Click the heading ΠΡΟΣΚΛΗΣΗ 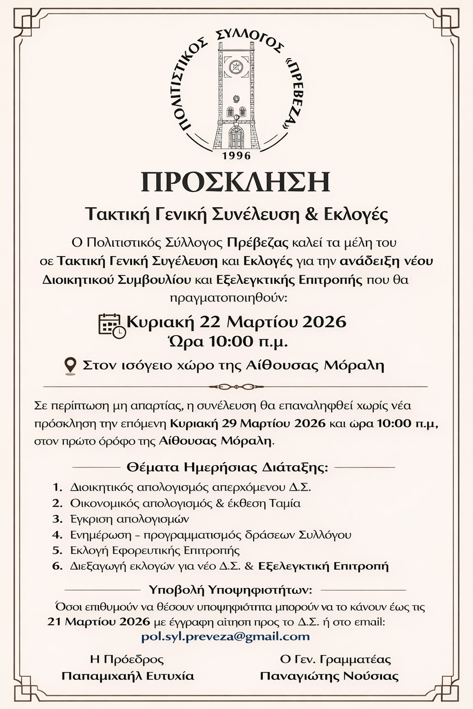pyautogui.click(x=236, y=182)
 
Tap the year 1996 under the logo pyautogui.click(x=236, y=156)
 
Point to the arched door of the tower pyautogui.click(x=236, y=137)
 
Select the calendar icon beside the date pyautogui.click(x=112, y=325)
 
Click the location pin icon pyautogui.click(x=70, y=366)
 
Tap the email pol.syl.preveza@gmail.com pyautogui.click(x=226, y=636)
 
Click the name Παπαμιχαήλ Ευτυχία pyautogui.click(x=128, y=676)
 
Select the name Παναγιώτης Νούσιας pyautogui.click(x=329, y=676)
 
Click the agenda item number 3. pyautogui.click(x=57, y=519)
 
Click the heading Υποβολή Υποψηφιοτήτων pyautogui.click(x=230, y=590)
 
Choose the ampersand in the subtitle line pyautogui.click(x=310, y=214)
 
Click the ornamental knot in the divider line pyautogui.click(x=236, y=387)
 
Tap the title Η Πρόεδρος pyautogui.click(x=127, y=659)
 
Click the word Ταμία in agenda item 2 pyautogui.click(x=285, y=503)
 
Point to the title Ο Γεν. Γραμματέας pyautogui.click(x=329, y=659)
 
